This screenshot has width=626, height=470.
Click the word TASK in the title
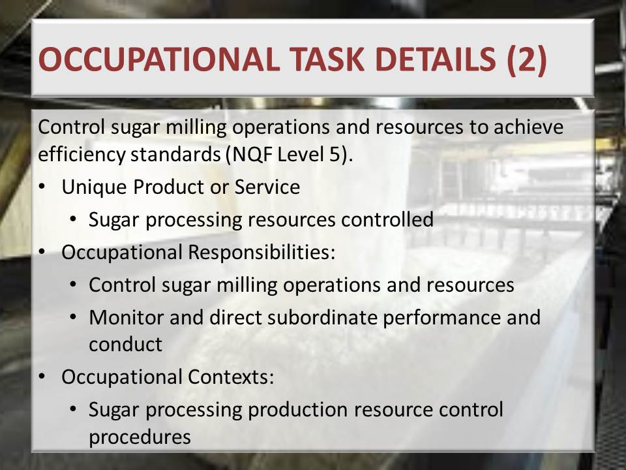[327, 59]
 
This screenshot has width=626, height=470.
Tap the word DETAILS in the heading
[436, 59]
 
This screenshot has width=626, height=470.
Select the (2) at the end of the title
[527, 60]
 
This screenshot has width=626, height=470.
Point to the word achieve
[528, 127]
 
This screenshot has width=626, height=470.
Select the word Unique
[94, 187]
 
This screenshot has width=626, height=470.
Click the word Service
[267, 187]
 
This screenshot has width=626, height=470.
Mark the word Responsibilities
[261, 253]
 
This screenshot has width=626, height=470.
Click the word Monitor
[126, 318]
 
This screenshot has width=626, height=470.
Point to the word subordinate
[322, 318]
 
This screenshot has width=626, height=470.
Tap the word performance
[441, 319]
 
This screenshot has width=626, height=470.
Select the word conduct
[125, 345]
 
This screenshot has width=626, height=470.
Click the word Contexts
[231, 377]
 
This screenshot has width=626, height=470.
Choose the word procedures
[140, 437]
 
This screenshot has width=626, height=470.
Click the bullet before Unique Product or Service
[42, 187]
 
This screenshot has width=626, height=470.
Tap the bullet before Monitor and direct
[72, 317]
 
